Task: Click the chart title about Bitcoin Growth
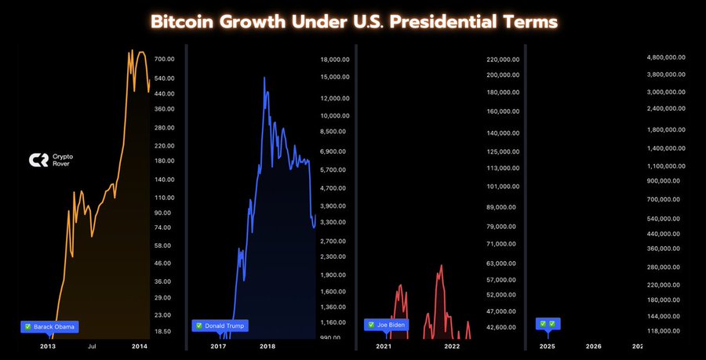click(353, 21)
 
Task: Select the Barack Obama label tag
click(50, 325)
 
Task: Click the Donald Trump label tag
click(220, 325)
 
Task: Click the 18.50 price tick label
click(163, 331)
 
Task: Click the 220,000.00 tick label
click(504, 59)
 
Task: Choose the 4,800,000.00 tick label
click(666, 56)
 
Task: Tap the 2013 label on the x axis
click(48, 346)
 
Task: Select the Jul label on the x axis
click(92, 346)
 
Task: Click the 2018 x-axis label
click(267, 346)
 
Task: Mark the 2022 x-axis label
click(452, 346)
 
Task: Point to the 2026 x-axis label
click(594, 346)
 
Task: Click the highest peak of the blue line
click(264, 78)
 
